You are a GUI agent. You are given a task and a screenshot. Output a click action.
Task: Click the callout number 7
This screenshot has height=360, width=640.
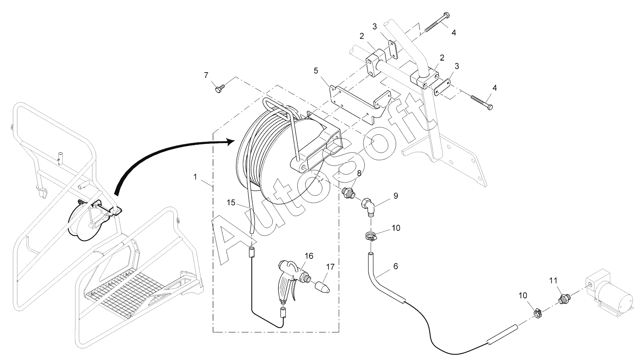tap(206, 75)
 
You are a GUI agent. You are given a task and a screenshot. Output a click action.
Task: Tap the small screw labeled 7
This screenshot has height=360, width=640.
tap(219, 88)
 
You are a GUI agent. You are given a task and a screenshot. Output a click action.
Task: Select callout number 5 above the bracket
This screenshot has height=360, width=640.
tap(316, 71)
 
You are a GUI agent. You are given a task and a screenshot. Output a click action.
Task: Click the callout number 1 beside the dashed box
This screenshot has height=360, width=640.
tap(195, 177)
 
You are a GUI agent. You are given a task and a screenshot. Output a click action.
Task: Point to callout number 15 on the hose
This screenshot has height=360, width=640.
tap(231, 202)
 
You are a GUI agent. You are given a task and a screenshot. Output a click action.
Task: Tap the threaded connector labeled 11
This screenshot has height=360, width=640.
tap(564, 298)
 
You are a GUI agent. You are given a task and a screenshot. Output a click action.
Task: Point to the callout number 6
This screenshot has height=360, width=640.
tap(395, 266)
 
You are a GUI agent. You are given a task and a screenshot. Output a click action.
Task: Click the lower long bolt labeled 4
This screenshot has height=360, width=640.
tap(481, 102)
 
